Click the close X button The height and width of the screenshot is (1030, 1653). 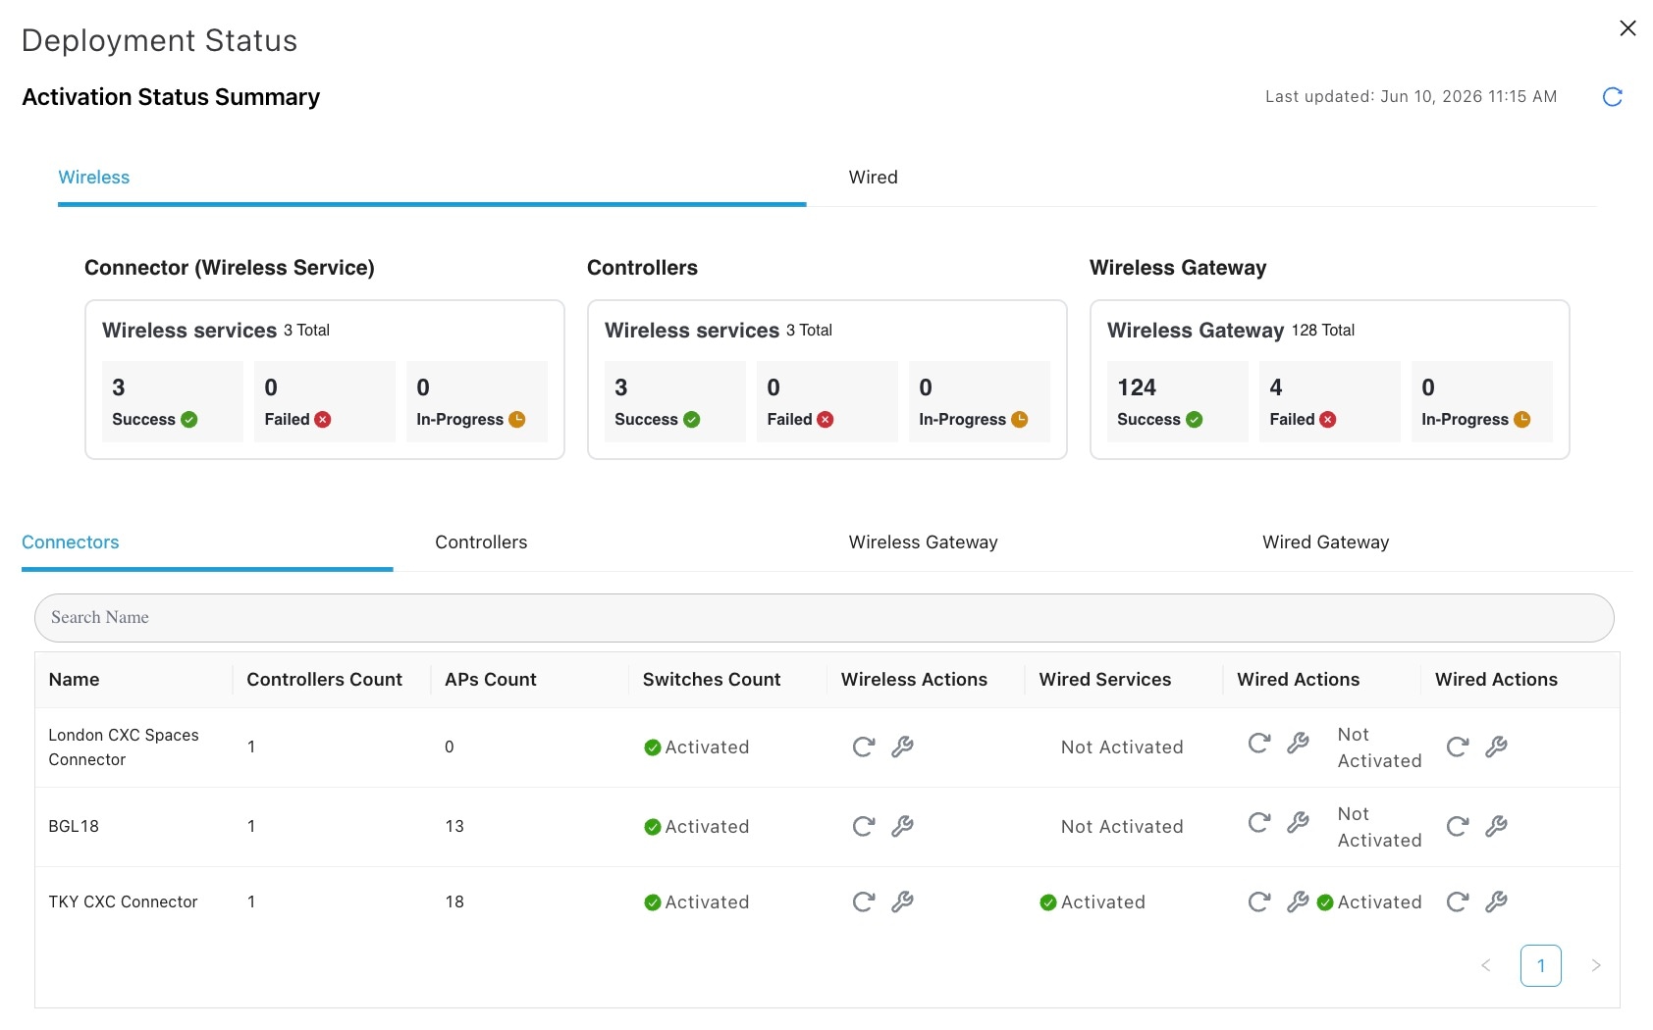pos(1627,28)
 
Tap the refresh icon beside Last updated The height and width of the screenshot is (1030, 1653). pos(1613,96)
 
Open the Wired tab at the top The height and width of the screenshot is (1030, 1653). pos(873,177)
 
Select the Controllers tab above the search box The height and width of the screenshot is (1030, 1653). pos(481,541)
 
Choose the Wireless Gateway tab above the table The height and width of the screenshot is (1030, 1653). pos(923,541)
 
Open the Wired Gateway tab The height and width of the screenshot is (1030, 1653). pos(1325,541)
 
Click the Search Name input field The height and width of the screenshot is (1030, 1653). pos(825,617)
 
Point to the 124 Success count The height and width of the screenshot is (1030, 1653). pos(1137,387)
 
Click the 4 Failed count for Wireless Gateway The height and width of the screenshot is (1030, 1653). pos(1276,387)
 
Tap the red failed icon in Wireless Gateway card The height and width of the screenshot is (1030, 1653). pos(1327,420)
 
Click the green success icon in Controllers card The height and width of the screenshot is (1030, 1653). pos(691,420)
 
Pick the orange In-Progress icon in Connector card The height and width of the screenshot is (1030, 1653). pos(516,420)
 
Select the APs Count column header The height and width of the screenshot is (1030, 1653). pos(490,679)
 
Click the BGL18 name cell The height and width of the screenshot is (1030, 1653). pos(73,826)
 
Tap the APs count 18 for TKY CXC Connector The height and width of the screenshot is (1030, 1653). pos(454,901)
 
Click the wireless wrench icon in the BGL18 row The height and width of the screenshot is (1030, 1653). pos(902,826)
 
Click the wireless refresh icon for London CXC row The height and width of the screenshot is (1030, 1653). pos(864,747)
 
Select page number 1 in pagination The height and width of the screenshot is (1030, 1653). pos(1540,965)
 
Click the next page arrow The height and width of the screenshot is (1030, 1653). pos(1595,965)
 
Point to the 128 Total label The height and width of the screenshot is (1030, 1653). pos(1322,331)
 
